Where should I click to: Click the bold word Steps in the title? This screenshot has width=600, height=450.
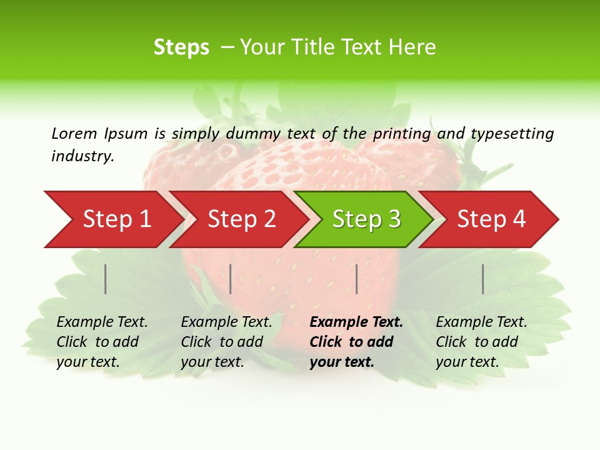pyautogui.click(x=181, y=47)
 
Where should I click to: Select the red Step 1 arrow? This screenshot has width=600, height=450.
pyautogui.click(x=112, y=219)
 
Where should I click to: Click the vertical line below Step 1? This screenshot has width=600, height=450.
pyautogui.click(x=106, y=279)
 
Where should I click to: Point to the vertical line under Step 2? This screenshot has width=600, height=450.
pyautogui.click(x=231, y=279)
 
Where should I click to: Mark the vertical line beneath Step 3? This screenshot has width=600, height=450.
pyautogui.click(x=356, y=279)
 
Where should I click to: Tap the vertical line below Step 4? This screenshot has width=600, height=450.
pyautogui.click(x=482, y=279)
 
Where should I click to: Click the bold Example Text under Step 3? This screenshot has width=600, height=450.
pyautogui.click(x=356, y=322)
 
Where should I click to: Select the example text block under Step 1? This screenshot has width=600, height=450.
pyautogui.click(x=102, y=342)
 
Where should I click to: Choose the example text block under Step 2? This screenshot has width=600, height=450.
pyautogui.click(x=226, y=342)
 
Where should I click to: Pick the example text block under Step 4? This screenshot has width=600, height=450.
pyautogui.click(x=481, y=342)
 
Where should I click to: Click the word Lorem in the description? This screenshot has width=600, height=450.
pyautogui.click(x=74, y=133)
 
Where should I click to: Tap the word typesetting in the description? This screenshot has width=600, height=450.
pyautogui.click(x=512, y=133)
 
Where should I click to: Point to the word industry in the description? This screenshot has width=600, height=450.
pyautogui.click(x=82, y=156)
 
